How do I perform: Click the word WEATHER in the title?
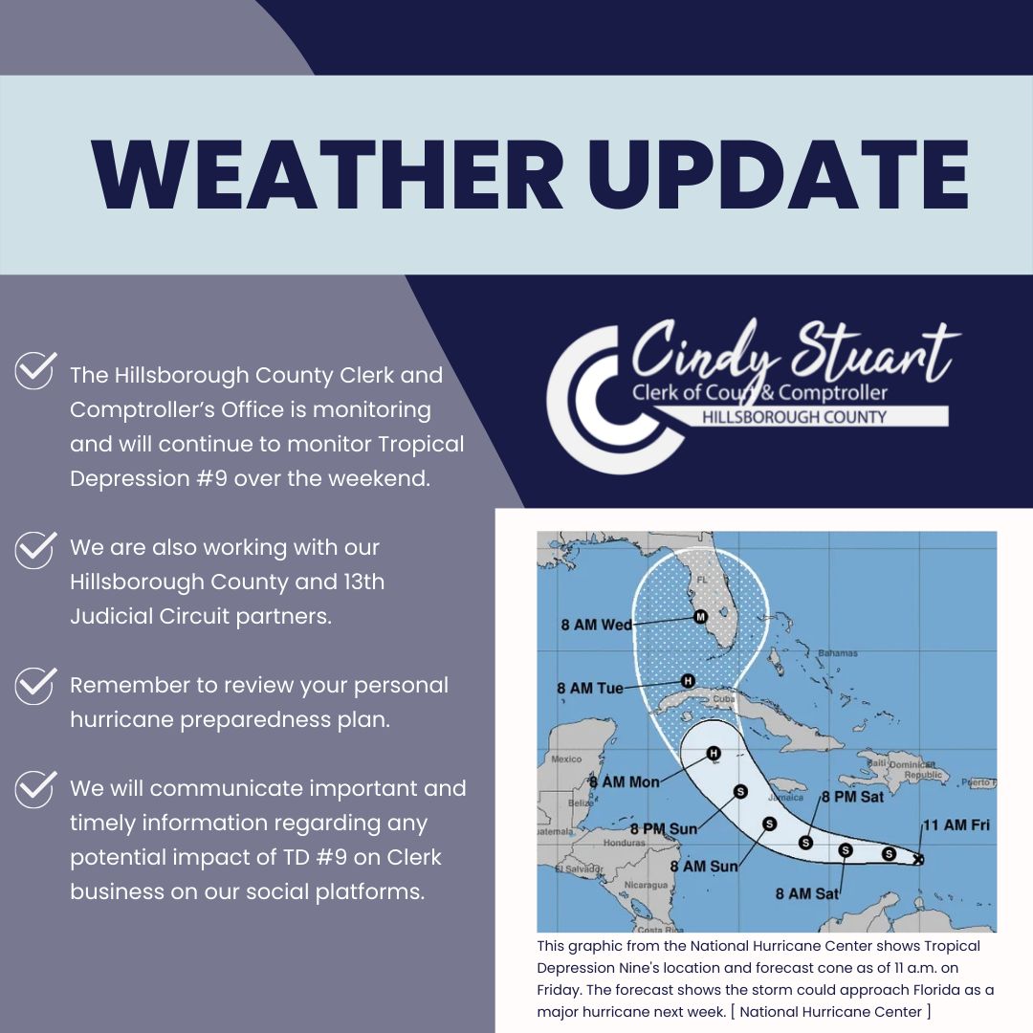[327, 175]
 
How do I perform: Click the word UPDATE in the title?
[779, 175]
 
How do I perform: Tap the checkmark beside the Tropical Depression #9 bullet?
[35, 370]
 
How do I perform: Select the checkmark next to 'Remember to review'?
[35, 686]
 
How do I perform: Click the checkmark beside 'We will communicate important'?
[35, 789]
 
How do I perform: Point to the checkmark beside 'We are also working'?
[35, 549]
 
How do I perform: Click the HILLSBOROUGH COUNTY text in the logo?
[794, 417]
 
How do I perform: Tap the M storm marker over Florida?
[700, 617]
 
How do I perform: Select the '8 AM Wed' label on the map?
[596, 625]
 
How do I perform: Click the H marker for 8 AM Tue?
[687, 681]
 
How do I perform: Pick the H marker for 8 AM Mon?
[713, 753]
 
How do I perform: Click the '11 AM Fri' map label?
[956, 824]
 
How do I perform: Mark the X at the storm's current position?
[919, 859]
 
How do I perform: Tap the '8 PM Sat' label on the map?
[852, 797]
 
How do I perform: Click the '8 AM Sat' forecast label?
[807, 894]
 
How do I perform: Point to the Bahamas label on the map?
[838, 653]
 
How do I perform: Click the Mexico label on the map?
[566, 758]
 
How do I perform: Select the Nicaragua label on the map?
[646, 885]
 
